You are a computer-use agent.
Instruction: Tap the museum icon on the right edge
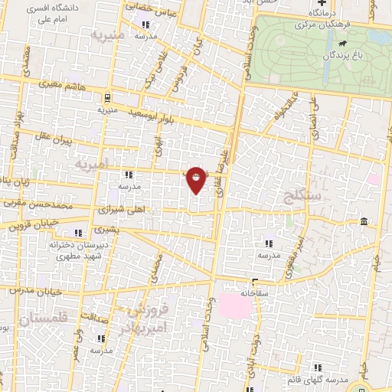click(x=363, y=222)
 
